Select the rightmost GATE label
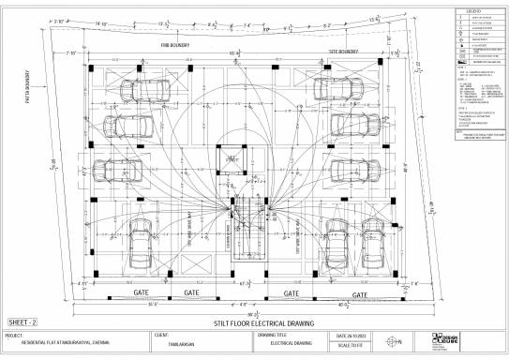tap(359, 293)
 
